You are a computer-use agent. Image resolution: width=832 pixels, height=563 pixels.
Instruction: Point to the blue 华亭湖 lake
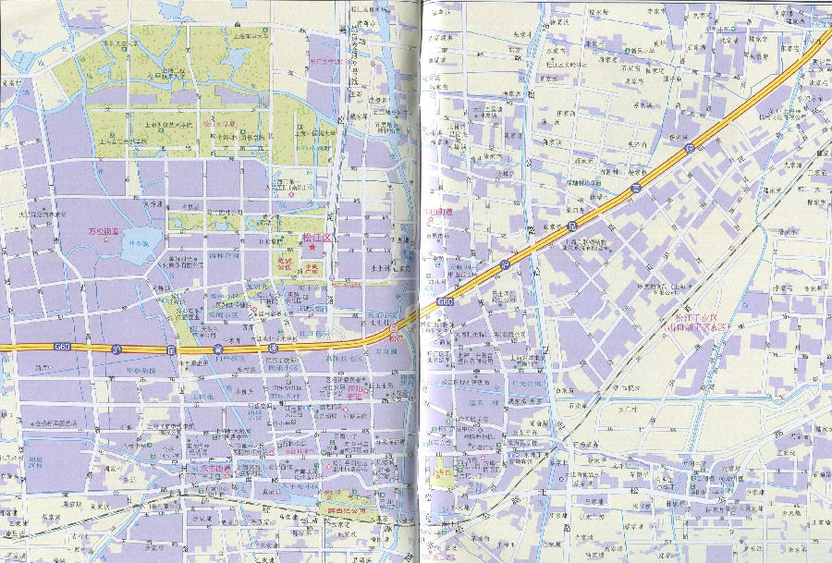click(x=139, y=246)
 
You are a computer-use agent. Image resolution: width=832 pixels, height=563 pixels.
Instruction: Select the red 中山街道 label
click(x=436, y=212)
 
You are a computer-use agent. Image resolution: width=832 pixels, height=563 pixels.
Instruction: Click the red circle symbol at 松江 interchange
click(x=395, y=327)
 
